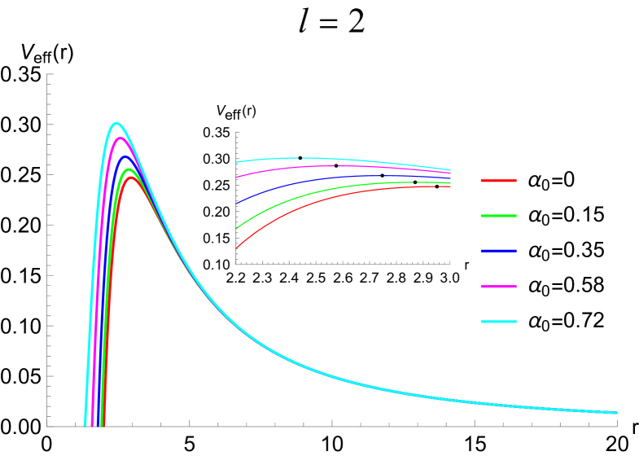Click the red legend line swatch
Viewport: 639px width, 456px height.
498,181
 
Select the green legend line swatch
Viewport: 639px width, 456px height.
498,216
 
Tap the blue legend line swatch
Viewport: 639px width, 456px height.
498,251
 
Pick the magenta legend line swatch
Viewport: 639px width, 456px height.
498,287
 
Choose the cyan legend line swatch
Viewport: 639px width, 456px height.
498,322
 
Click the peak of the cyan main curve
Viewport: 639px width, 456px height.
116,124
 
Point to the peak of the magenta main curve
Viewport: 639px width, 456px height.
120,138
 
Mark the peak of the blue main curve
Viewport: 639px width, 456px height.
125,157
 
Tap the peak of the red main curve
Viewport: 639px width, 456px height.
131,178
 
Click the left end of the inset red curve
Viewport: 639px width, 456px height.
237,248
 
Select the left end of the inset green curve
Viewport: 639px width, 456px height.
237,228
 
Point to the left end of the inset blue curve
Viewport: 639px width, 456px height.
237,203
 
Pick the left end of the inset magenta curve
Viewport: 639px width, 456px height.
237,177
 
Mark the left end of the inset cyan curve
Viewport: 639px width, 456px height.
237,161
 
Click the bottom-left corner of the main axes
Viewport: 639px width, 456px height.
47,426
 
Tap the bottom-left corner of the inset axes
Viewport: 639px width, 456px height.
236,263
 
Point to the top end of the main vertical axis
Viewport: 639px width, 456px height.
47,74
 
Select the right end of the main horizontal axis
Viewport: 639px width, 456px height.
617,426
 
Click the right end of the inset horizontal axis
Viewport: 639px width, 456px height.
450,263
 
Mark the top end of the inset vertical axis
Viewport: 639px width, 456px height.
236,132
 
